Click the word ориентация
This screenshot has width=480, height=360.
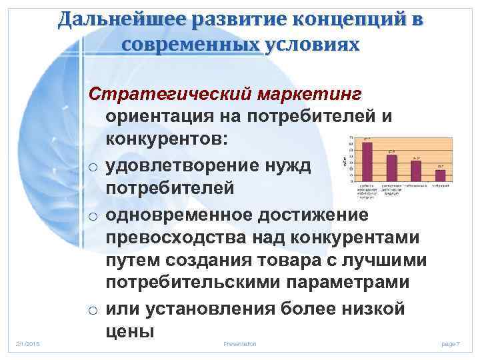pyautogui.click(x=170, y=117)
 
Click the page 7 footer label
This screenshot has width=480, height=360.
pyautogui.click(x=451, y=343)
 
